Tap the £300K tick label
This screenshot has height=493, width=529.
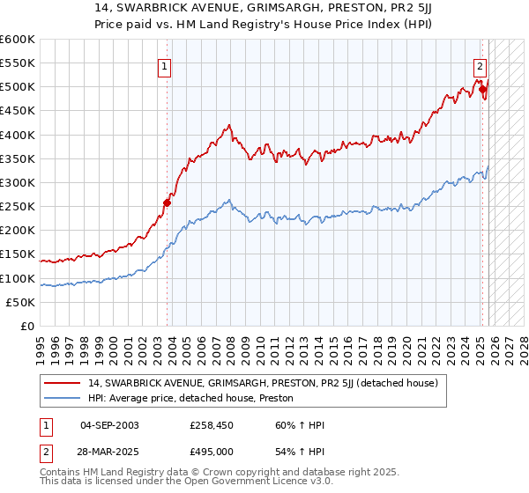[18, 182]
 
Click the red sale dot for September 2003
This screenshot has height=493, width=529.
[167, 202]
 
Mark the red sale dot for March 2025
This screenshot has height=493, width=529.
[483, 89]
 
